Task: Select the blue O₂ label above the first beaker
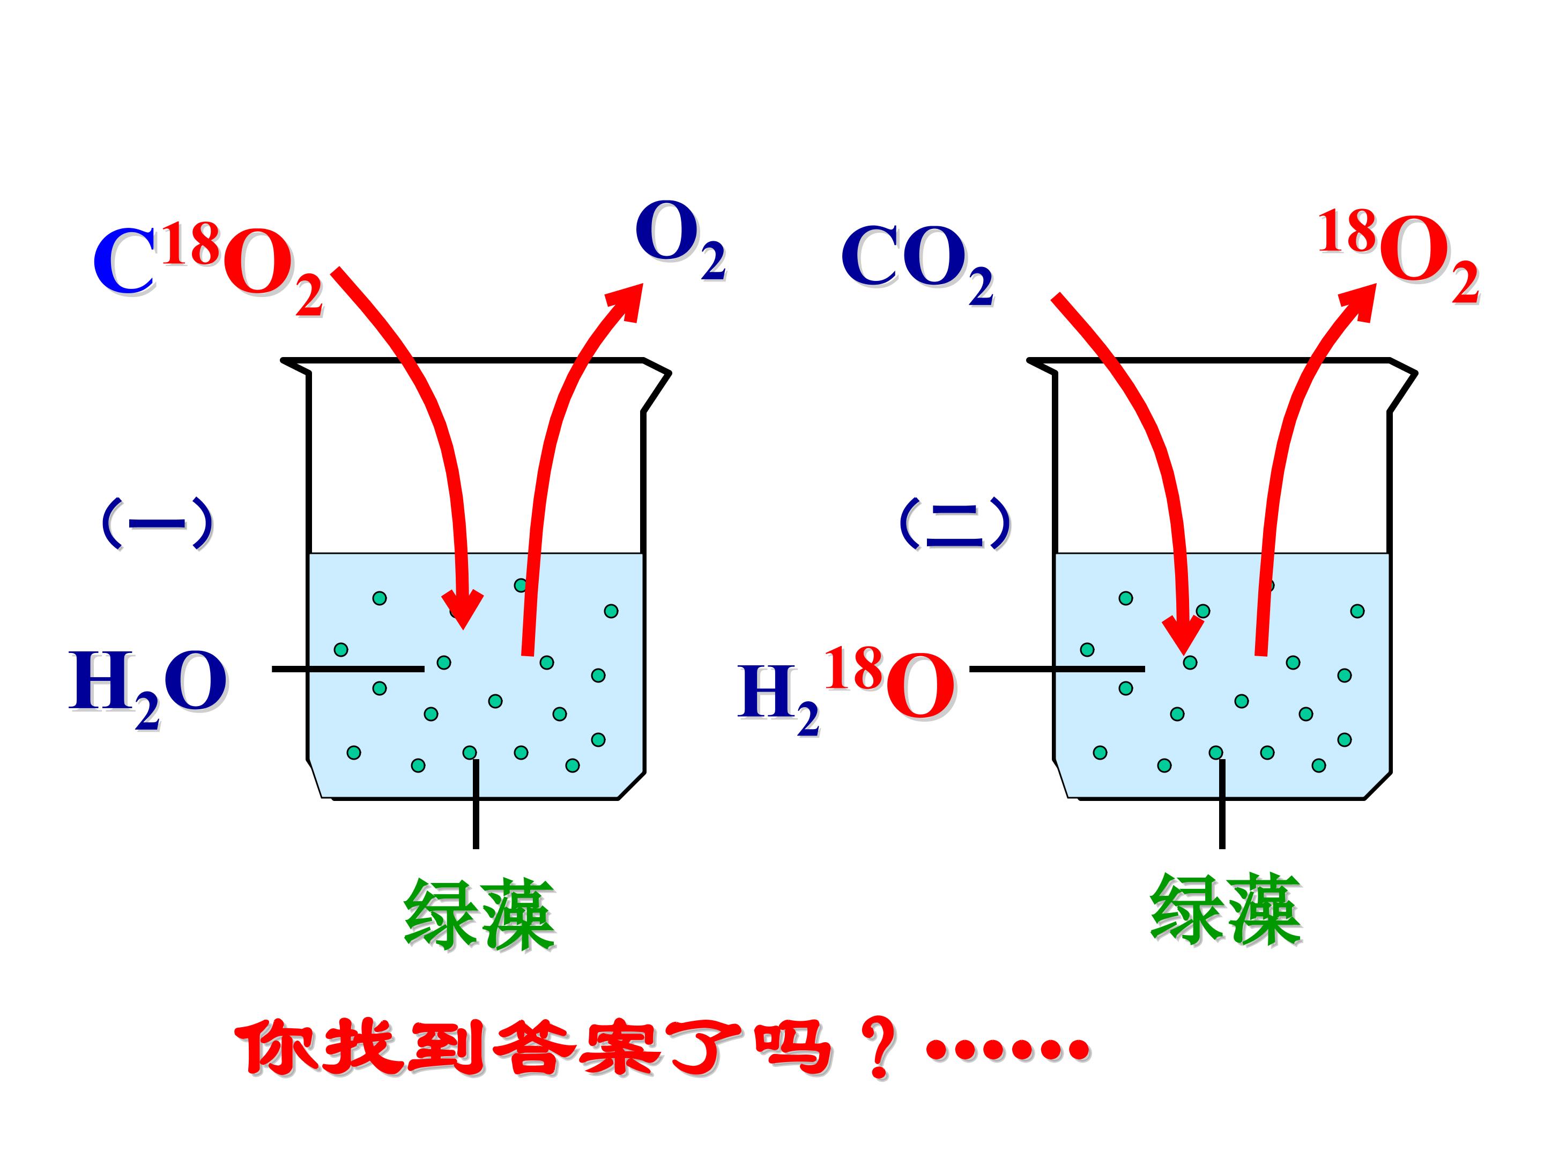click(680, 240)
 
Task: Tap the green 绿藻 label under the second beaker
click(1225, 909)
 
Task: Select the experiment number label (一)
click(157, 523)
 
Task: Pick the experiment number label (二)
click(954, 523)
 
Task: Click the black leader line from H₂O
click(347, 669)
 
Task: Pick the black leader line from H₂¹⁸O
click(1057, 669)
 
